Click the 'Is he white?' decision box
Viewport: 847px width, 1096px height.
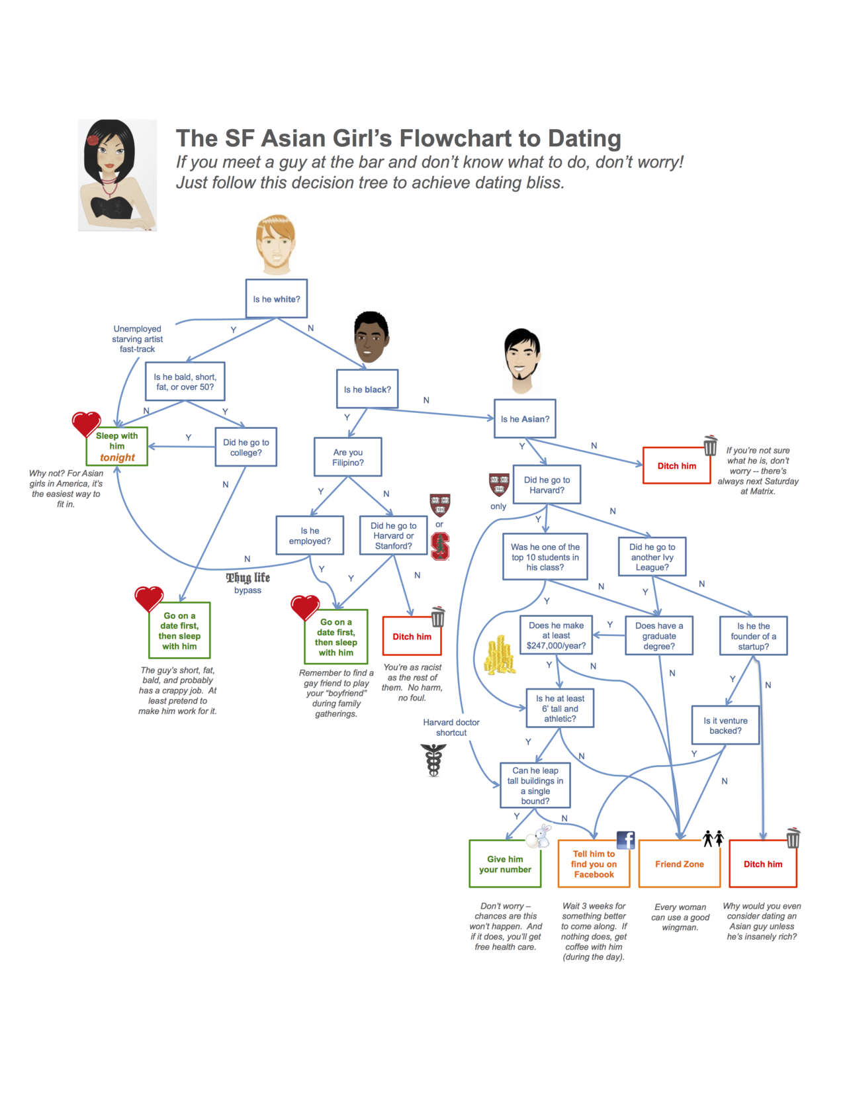pyautogui.click(x=277, y=299)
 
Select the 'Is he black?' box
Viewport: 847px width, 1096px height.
pyautogui.click(x=367, y=389)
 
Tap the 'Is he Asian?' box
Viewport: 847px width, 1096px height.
pyautogui.click(x=525, y=419)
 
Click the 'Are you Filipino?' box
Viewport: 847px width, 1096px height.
pyautogui.click(x=348, y=457)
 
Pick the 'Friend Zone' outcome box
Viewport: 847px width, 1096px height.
pyautogui.click(x=680, y=864)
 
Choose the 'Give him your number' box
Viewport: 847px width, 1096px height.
pyautogui.click(x=505, y=864)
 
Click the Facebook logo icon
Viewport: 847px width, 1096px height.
pyautogui.click(x=625, y=840)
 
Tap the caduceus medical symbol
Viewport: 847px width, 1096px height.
pyautogui.click(x=433, y=760)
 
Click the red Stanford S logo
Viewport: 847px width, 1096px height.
pyautogui.click(x=440, y=547)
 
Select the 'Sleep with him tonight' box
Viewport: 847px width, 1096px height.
pyautogui.click(x=117, y=447)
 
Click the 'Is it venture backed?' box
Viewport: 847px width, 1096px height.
pyautogui.click(x=725, y=725)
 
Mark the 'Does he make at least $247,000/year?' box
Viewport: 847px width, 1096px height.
pyautogui.click(x=556, y=635)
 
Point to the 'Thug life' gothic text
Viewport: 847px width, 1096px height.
pyautogui.click(x=248, y=578)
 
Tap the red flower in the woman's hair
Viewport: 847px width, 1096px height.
pyautogui.click(x=93, y=140)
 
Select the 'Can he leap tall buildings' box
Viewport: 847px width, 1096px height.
pyautogui.click(x=535, y=786)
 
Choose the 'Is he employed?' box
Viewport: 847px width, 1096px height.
pyautogui.click(x=310, y=535)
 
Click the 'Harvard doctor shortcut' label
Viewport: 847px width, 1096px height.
pyautogui.click(x=451, y=727)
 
